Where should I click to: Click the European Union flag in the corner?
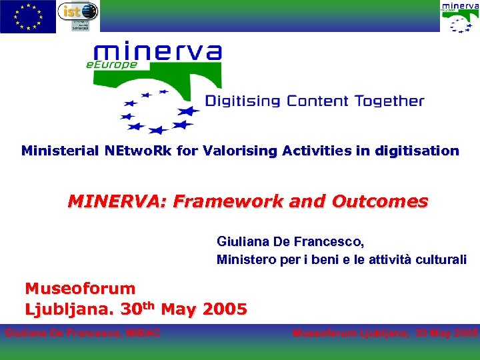coord(28,17)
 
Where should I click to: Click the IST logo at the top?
coord(77,16)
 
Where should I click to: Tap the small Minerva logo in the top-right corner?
coord(459,17)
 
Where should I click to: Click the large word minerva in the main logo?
coord(157,53)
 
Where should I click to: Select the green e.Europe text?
coord(111,65)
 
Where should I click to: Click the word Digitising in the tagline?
coord(243,101)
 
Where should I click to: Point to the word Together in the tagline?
coord(389,101)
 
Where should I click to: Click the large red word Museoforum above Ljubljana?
coord(80,289)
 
